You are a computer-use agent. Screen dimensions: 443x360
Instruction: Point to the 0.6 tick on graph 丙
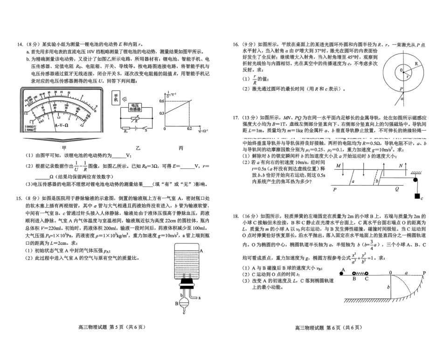(x=162, y=101)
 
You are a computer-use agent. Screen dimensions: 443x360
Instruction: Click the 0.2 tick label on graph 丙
(x=189, y=128)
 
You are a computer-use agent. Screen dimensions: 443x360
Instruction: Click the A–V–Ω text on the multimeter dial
(x=62, y=125)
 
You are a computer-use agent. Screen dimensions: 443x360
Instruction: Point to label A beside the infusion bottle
(x=201, y=251)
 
